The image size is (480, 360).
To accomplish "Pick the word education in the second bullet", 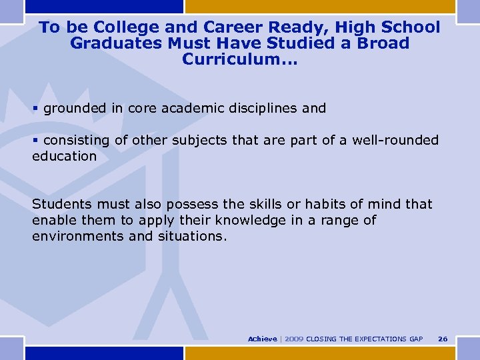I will coord(65,156).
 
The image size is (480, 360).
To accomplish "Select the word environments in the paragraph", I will coord(78,236).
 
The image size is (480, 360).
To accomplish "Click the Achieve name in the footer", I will coord(262,339).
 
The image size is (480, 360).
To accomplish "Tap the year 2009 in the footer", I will coord(293,339).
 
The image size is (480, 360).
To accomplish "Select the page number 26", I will coord(443,339).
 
